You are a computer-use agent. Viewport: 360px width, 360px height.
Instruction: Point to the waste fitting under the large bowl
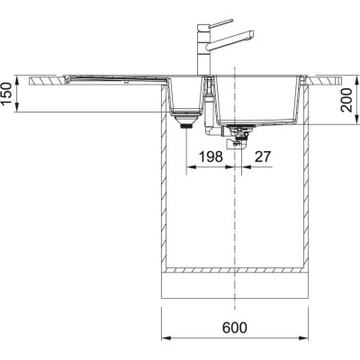[238, 133]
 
